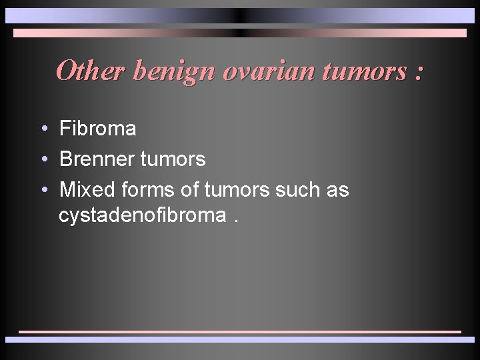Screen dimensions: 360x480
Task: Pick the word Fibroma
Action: (x=97, y=129)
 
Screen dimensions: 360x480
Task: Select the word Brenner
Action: (x=98, y=159)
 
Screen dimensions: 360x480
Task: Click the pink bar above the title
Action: (x=240, y=33)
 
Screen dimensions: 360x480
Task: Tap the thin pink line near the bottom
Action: (x=240, y=331)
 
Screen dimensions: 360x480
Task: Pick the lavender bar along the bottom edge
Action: (x=240, y=339)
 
